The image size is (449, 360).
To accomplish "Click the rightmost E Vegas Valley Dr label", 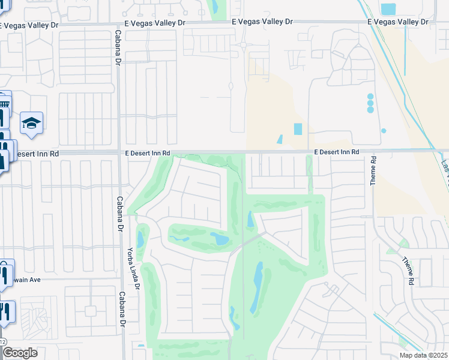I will click(x=399, y=22).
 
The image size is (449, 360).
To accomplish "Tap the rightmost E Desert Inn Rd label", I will click(x=336, y=152).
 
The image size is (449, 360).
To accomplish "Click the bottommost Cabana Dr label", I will click(x=122, y=309).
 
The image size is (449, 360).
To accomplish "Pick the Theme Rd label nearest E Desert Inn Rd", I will click(x=373, y=170).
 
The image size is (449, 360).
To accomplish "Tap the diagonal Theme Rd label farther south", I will click(x=408, y=271).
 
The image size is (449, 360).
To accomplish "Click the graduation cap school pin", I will click(x=31, y=124).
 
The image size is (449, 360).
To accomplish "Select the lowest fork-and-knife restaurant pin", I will click(x=7, y=311).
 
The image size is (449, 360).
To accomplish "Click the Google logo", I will click(x=20, y=353).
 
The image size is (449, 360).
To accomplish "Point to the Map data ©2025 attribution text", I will click(x=423, y=355).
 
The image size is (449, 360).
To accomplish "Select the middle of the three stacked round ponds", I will click(x=370, y=103).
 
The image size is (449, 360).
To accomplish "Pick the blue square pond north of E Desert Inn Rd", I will click(x=298, y=129).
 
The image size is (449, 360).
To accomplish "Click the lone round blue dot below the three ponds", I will click(x=384, y=131).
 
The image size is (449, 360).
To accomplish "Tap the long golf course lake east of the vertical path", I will click(x=258, y=287).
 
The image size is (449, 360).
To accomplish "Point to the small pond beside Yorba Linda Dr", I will click(x=140, y=239).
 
